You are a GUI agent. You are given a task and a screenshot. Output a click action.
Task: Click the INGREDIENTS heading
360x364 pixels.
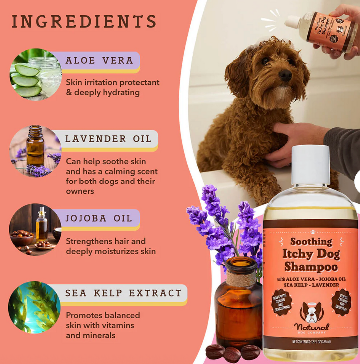[84, 22]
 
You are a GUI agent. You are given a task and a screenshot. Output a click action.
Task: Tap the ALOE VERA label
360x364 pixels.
[99, 61]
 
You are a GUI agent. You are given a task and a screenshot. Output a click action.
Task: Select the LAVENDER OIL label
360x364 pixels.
[108, 139]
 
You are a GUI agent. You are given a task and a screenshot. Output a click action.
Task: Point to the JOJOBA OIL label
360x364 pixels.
[99, 218]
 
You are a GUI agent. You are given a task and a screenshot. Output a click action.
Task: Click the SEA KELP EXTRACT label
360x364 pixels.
[123, 293]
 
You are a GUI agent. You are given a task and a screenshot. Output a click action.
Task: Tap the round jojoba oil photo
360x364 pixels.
[35, 230]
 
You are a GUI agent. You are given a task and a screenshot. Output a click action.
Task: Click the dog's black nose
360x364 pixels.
[285, 75]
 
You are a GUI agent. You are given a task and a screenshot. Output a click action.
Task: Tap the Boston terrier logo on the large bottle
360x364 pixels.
[311, 312]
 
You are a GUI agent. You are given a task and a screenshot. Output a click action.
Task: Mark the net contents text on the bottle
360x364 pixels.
[311, 342]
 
